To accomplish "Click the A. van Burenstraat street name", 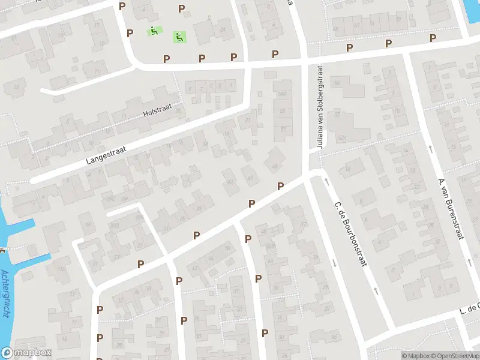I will pyautogui.click(x=452, y=208).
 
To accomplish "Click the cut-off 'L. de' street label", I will pyautogui.click(x=470, y=310).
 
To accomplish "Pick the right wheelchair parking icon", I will pyautogui.click(x=179, y=37).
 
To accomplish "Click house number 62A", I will pyautogui.click(x=342, y=138).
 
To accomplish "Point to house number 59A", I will pyautogui.click(x=281, y=94).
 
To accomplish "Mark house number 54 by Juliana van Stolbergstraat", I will pyautogui.click(x=337, y=83).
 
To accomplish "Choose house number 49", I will pyautogui.click(x=275, y=166).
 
